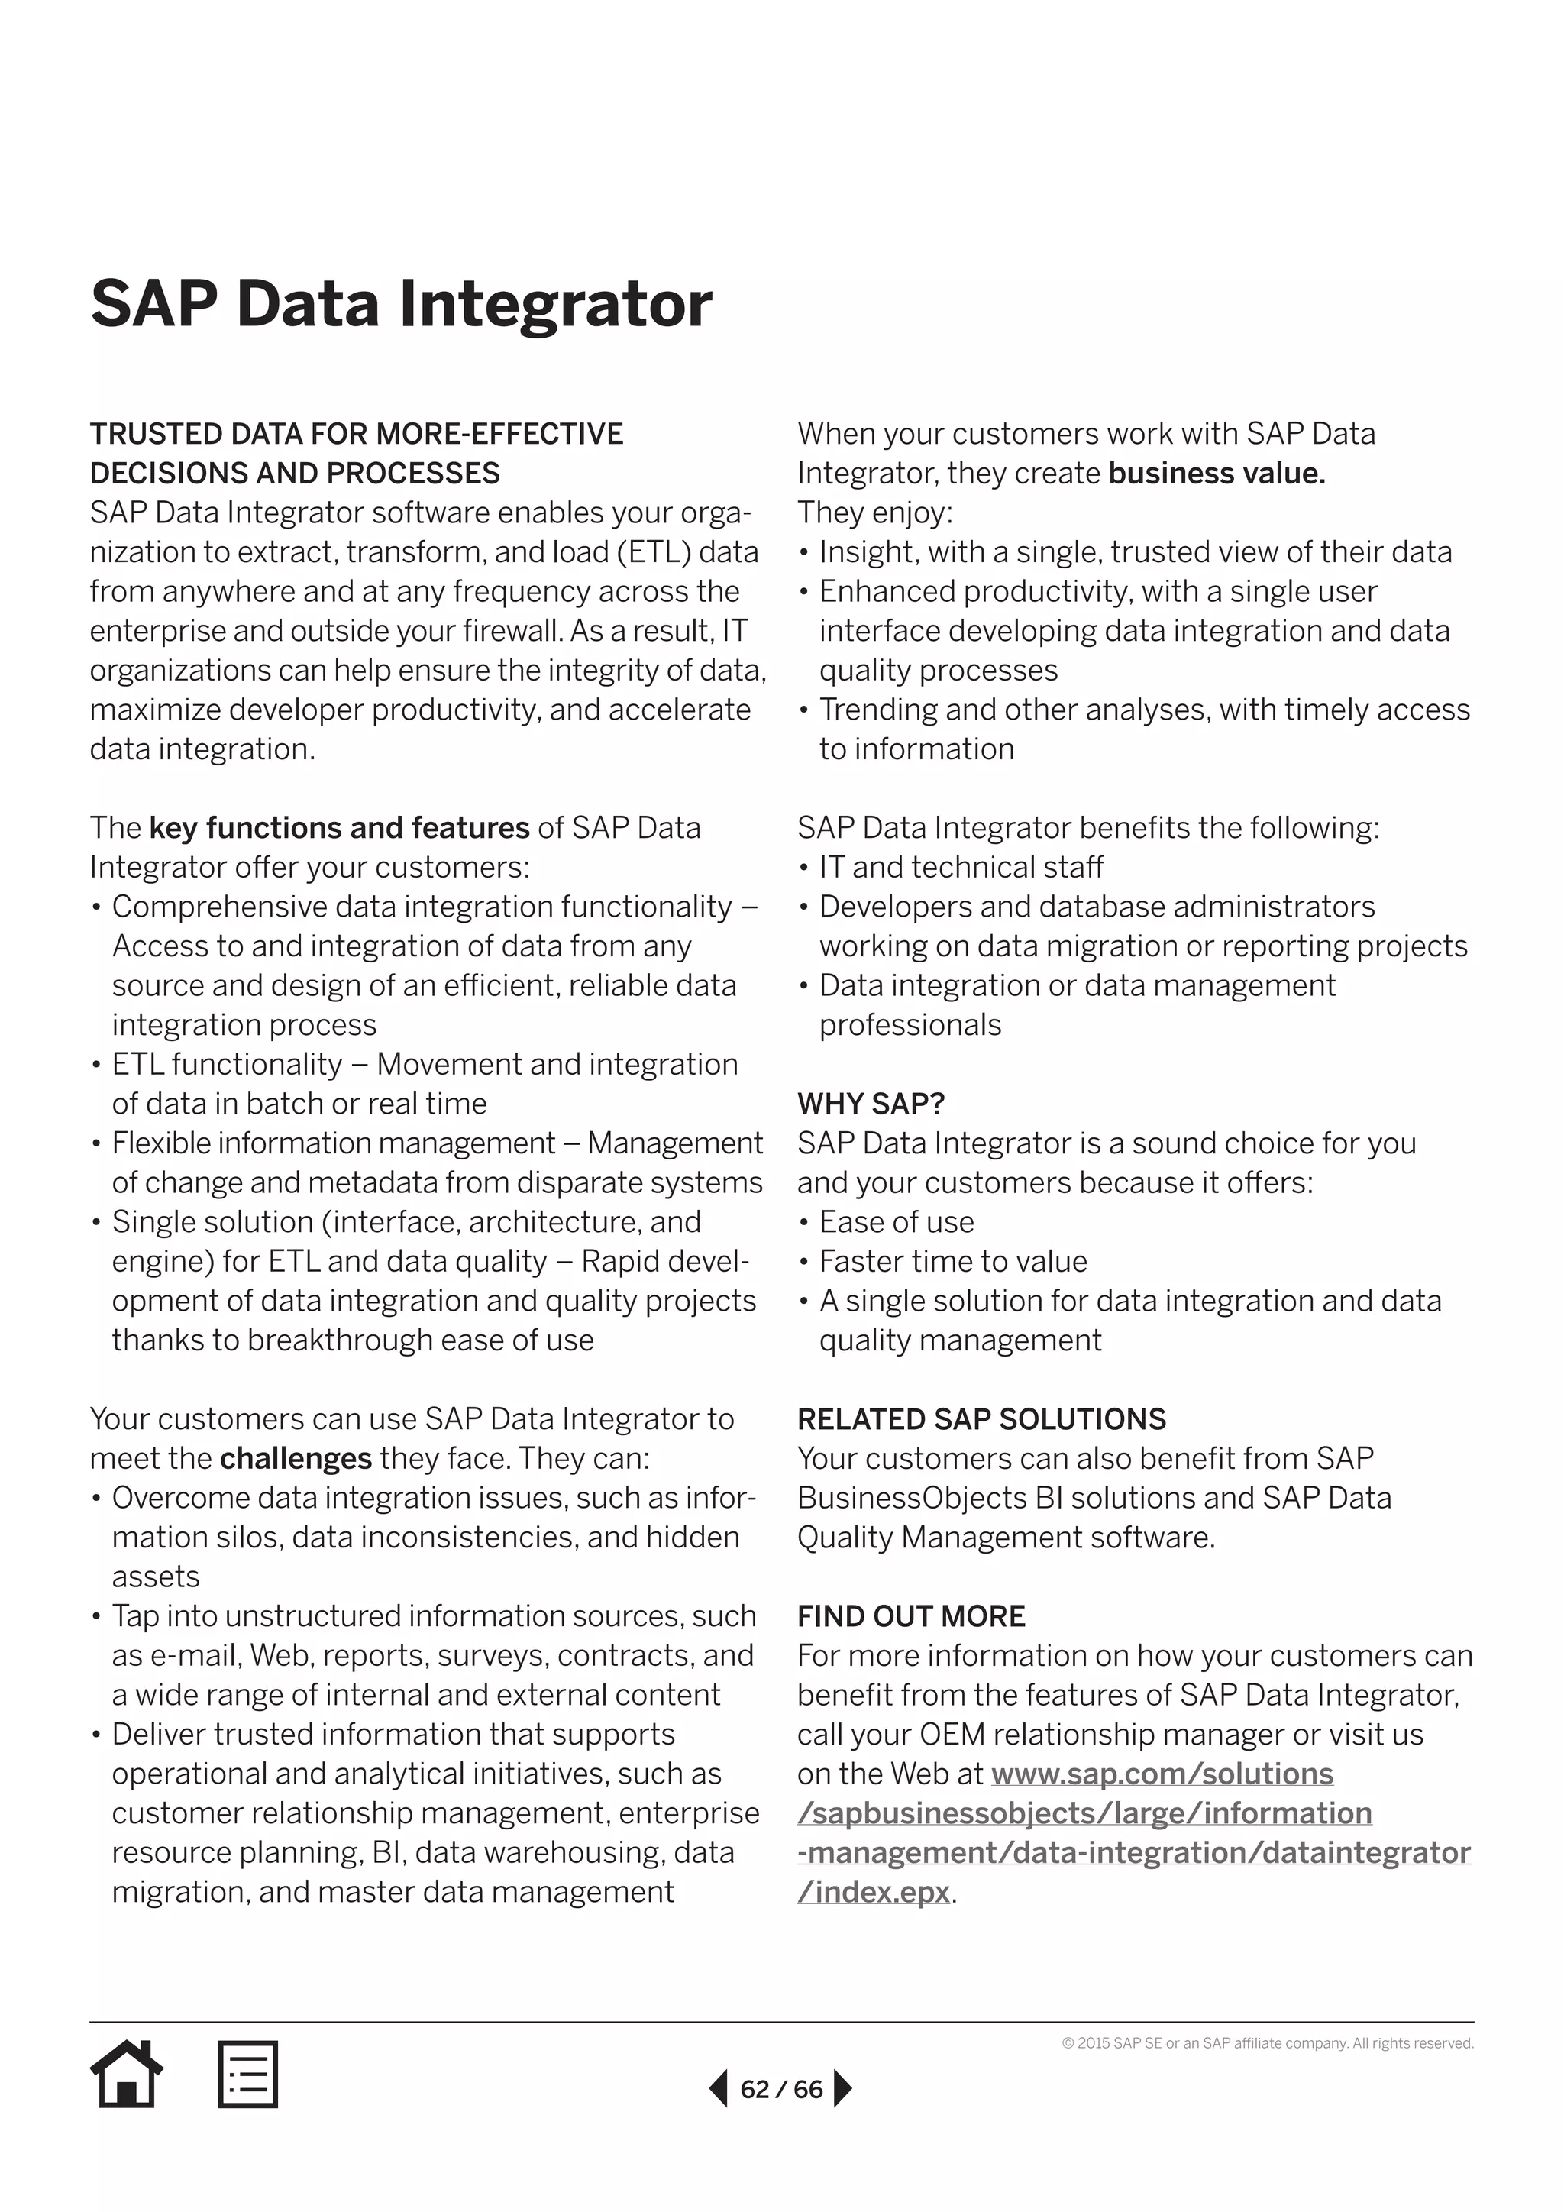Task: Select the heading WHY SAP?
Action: (x=871, y=1103)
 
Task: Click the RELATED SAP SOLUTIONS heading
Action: (x=981, y=1419)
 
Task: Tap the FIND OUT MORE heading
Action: (x=911, y=1615)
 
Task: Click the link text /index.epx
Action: (x=874, y=1892)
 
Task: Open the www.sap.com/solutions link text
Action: (x=1162, y=1774)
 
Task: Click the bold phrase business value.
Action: (x=1217, y=473)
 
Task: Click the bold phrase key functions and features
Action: (x=339, y=827)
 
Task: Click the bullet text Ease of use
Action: (x=896, y=1221)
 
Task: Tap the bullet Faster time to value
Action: (x=952, y=1261)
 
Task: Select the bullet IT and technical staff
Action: (x=960, y=867)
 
